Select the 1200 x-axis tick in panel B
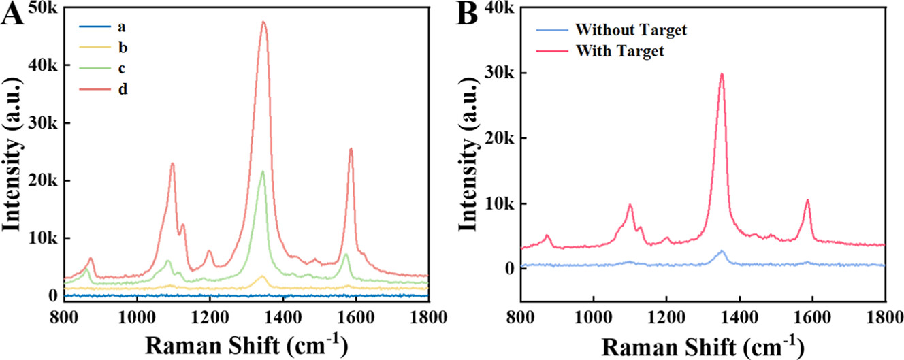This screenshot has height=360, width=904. click(666, 317)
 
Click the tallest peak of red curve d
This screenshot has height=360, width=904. click(263, 22)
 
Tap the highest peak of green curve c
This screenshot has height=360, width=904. click(262, 171)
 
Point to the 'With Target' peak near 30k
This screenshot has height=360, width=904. click(722, 74)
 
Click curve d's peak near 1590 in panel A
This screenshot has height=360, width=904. click(351, 149)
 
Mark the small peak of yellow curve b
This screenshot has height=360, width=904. click(262, 276)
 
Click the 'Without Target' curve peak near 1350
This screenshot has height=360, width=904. click(722, 251)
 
